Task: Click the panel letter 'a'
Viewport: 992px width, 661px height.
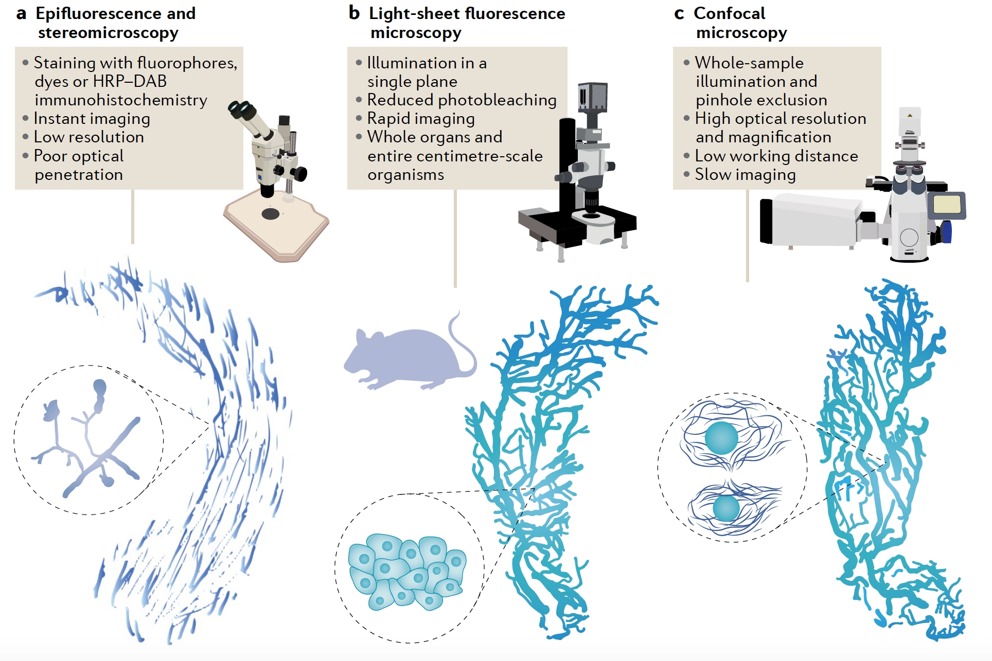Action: pyautogui.click(x=21, y=14)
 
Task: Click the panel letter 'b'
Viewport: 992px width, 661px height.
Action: pyautogui.click(x=354, y=13)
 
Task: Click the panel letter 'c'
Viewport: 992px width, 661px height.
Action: pyautogui.click(x=679, y=14)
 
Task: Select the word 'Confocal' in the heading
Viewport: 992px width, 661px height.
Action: pyautogui.click(x=729, y=13)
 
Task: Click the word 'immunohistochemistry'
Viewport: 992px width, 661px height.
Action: pyautogui.click(x=121, y=100)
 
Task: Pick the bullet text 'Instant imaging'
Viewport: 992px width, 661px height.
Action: pyautogui.click(x=92, y=119)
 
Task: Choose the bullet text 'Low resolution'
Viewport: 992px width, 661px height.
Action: pyautogui.click(x=89, y=137)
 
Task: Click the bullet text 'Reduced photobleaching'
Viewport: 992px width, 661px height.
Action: pyautogui.click(x=462, y=100)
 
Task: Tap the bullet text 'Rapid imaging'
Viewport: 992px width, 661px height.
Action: pyautogui.click(x=421, y=119)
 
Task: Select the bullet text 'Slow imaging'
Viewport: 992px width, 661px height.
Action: pyautogui.click(x=745, y=175)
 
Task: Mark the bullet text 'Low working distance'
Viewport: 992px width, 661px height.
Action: pyautogui.click(x=776, y=156)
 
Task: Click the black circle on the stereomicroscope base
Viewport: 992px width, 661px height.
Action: pyautogui.click(x=271, y=214)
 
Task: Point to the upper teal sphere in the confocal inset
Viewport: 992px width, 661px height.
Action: pyautogui.click(x=721, y=438)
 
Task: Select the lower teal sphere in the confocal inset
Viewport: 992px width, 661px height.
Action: pyautogui.click(x=726, y=508)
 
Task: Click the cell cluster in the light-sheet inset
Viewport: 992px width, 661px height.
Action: pyautogui.click(x=406, y=571)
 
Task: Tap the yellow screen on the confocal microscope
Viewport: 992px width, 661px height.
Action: pyautogui.click(x=947, y=204)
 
